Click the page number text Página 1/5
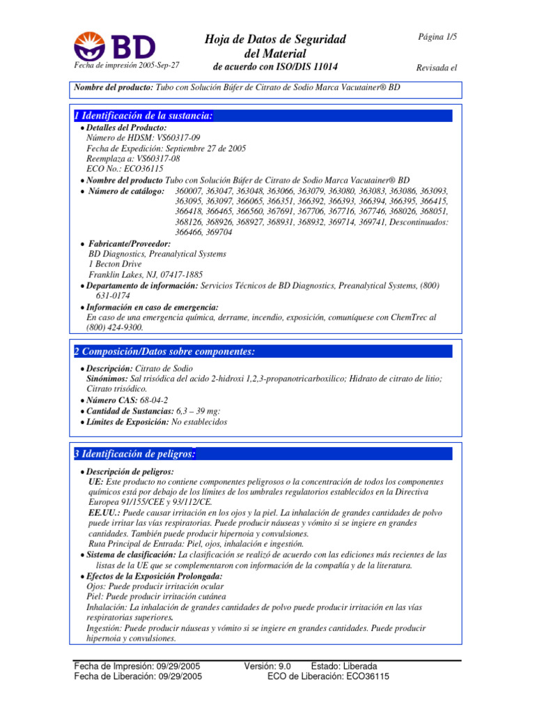tap(437, 36)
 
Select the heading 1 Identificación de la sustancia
tap(144, 116)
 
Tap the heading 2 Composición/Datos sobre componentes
tap(164, 351)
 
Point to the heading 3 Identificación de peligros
tap(134, 454)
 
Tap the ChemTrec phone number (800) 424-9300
tap(115, 327)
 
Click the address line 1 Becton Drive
tap(115, 264)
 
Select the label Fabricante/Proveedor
tap(129, 243)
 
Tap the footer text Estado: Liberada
tap(345, 667)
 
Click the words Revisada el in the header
tap(436, 68)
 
